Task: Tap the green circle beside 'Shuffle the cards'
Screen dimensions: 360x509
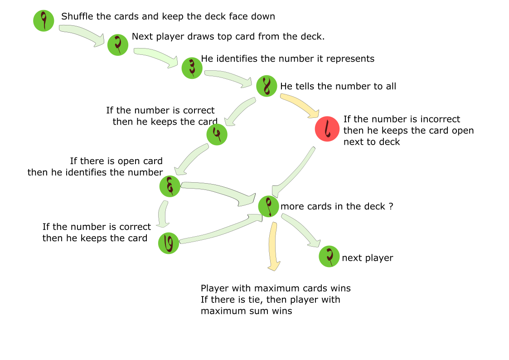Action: (44, 20)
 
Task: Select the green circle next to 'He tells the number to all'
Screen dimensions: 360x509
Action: (267, 86)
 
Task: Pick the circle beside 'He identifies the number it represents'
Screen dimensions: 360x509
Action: (192, 68)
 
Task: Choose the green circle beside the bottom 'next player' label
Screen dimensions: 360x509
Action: (330, 257)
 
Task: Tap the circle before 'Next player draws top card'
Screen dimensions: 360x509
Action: (118, 45)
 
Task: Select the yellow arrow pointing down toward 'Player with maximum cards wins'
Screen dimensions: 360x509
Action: (273, 247)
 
